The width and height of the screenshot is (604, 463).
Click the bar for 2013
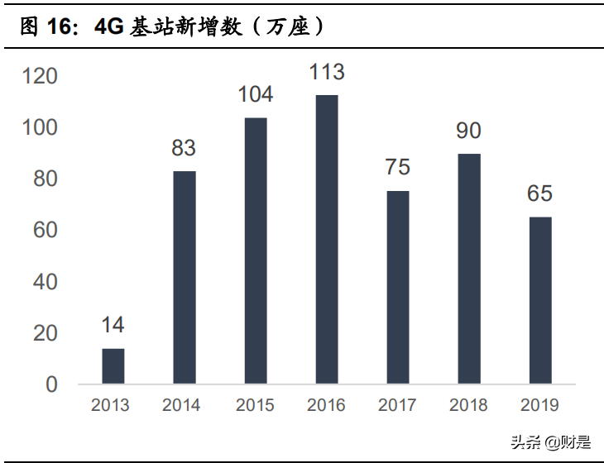(113, 366)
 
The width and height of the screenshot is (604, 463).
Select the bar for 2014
(185, 278)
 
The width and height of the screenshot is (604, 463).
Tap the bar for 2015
(256, 251)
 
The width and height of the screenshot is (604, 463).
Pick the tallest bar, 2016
(327, 240)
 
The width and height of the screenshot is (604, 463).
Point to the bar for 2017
(398, 288)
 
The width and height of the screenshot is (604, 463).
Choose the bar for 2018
(469, 269)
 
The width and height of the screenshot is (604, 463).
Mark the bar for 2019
(539, 301)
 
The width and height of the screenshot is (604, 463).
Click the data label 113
(327, 73)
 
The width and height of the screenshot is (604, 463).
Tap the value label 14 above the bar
(113, 325)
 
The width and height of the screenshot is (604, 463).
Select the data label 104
(256, 95)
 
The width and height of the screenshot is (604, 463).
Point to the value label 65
(539, 193)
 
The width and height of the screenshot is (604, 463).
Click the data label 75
(398, 167)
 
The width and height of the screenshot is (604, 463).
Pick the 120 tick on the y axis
(40, 77)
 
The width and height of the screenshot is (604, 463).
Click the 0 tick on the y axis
(51, 384)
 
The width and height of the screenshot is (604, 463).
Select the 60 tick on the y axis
(45, 231)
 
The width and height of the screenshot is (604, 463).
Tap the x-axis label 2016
(326, 406)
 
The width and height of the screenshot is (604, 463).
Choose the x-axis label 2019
(539, 406)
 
